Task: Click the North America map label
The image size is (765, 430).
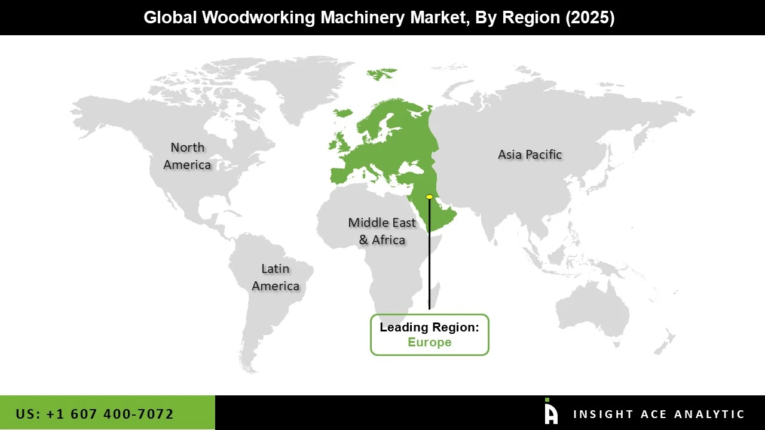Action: point(187,156)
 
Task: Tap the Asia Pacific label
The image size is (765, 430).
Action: point(530,155)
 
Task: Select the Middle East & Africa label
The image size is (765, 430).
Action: point(382,231)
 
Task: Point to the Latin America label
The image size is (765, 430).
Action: point(276,277)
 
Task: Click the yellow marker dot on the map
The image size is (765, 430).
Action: point(429,196)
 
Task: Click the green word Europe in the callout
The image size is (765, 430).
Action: point(429,342)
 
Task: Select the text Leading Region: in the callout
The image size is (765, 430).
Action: point(429,327)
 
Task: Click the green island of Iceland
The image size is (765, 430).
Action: point(344,113)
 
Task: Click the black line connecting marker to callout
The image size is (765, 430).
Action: point(429,257)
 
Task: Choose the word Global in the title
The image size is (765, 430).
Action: point(170,17)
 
